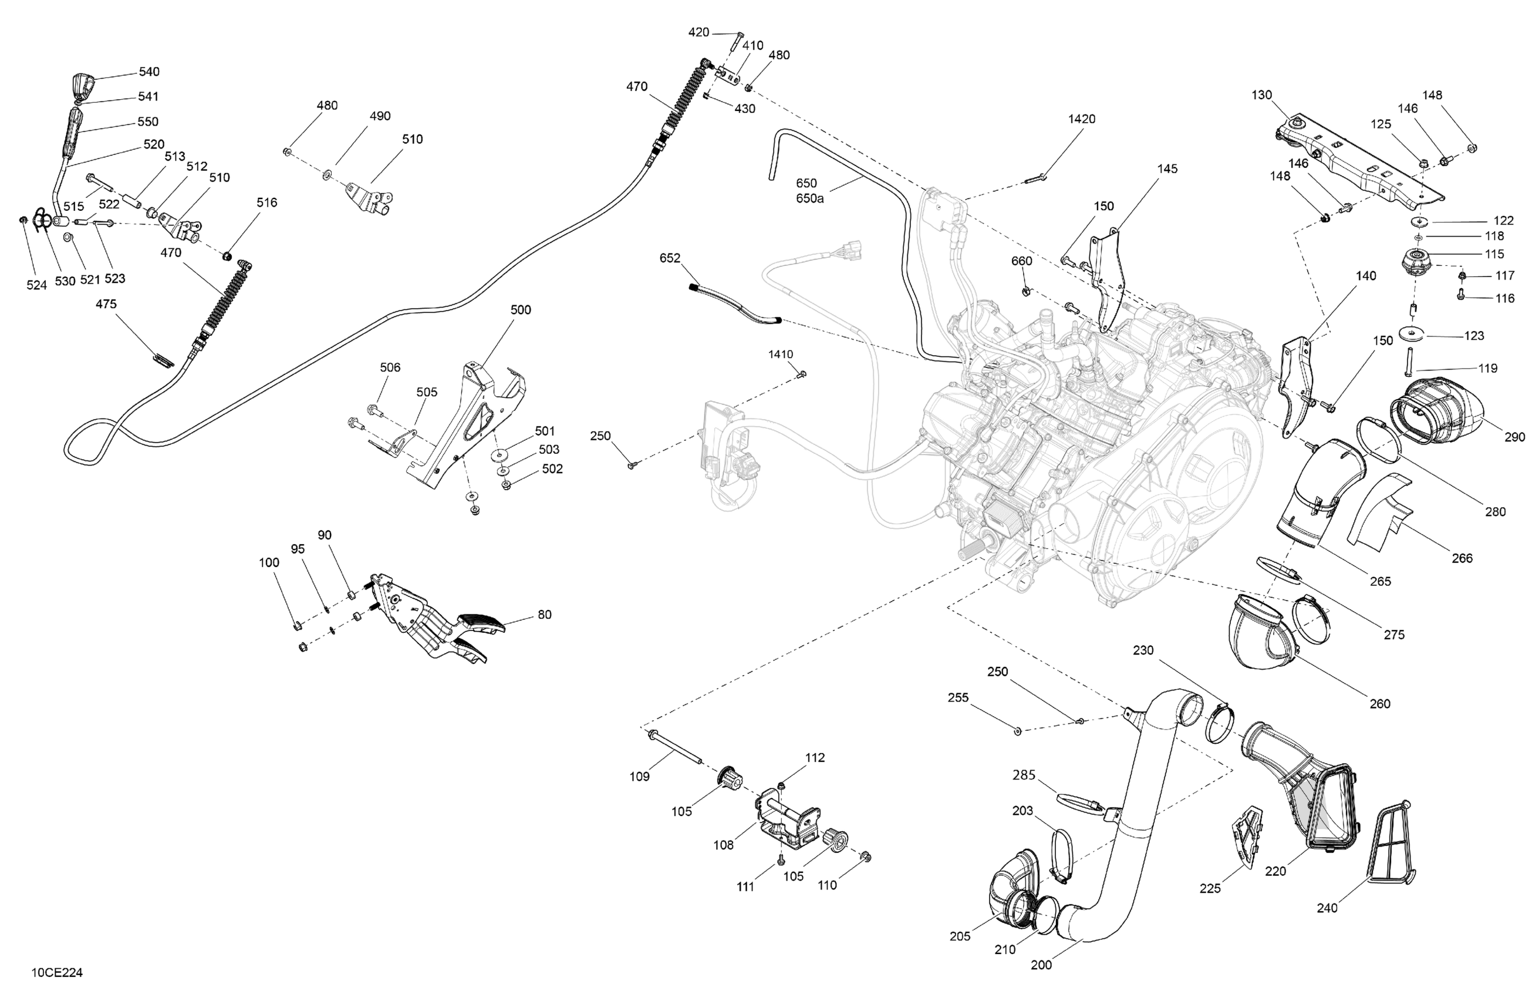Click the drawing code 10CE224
[x=57, y=973]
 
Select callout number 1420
[x=1082, y=119]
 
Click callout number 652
[x=670, y=258]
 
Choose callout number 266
[x=1462, y=558]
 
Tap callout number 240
[x=1327, y=908]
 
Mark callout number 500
[x=521, y=310]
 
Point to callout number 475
[x=106, y=304]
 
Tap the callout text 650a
[x=809, y=198]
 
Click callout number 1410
[x=781, y=355]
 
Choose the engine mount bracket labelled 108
[x=788, y=820]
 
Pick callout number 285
[x=1024, y=775]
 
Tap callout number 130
[x=1261, y=95]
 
